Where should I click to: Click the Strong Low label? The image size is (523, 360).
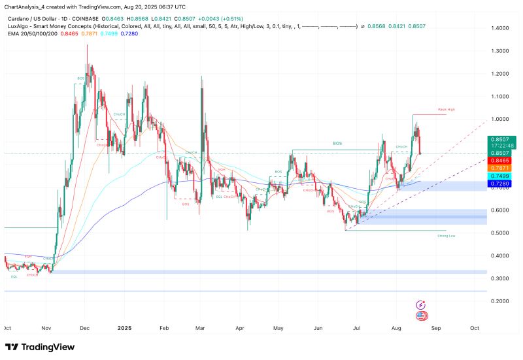click(447, 236)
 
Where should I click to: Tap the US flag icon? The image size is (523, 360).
click(421, 315)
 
